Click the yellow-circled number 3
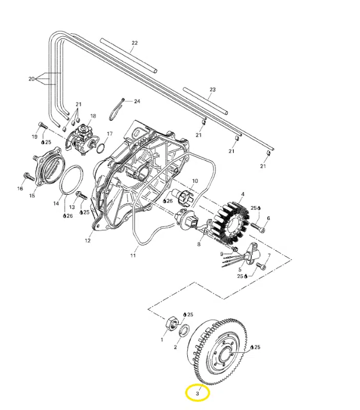pyautogui.click(x=197, y=394)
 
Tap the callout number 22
pyautogui.click(x=135, y=43)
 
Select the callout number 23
pyautogui.click(x=213, y=90)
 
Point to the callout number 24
pyautogui.click(x=137, y=101)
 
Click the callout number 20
pyautogui.click(x=31, y=79)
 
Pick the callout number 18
pyautogui.click(x=93, y=116)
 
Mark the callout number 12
pyautogui.click(x=88, y=240)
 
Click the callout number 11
pyautogui.click(x=133, y=254)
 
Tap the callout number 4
pyautogui.click(x=243, y=194)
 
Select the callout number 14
pyautogui.click(x=56, y=203)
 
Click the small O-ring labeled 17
pyautogui.click(x=101, y=149)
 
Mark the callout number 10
pyautogui.click(x=195, y=181)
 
